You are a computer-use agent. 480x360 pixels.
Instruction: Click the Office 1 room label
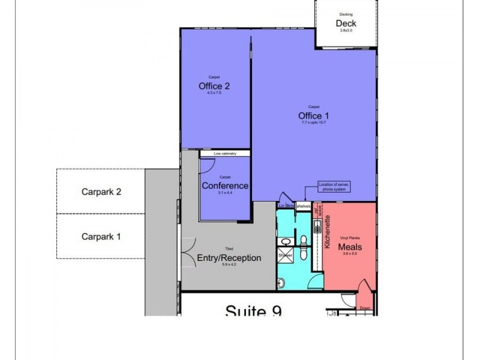click(x=314, y=115)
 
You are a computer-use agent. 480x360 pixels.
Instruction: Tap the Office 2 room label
click(x=214, y=86)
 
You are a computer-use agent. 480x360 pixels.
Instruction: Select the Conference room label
click(x=225, y=185)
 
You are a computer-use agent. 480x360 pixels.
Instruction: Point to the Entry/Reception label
click(x=229, y=258)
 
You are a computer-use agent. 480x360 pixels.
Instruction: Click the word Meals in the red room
click(x=349, y=246)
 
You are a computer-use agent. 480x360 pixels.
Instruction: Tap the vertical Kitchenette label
click(x=328, y=233)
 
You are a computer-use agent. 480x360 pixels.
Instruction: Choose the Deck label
click(x=346, y=23)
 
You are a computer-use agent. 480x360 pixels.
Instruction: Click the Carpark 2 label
click(x=101, y=193)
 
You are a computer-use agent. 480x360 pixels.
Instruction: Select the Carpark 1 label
click(x=101, y=236)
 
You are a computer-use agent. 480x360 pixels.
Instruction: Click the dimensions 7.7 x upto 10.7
click(x=314, y=122)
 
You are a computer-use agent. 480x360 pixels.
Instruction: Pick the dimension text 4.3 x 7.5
click(x=214, y=93)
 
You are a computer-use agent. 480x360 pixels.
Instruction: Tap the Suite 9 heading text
click(x=253, y=310)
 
